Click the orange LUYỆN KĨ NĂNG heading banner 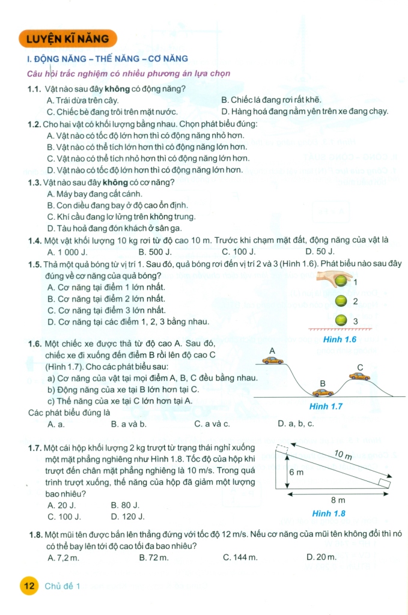67,39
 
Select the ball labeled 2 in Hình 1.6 342,301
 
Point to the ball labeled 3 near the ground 342,321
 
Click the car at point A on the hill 273,360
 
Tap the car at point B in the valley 323,393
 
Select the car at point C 359,376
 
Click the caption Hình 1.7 325,407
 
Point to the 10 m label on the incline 343,456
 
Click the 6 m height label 296,473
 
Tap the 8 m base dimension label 338,500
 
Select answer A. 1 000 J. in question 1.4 67,252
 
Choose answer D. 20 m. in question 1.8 321,557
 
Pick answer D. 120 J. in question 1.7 128,516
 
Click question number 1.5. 35,264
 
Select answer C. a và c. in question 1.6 212,423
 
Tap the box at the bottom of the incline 385,484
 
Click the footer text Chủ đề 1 62,586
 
